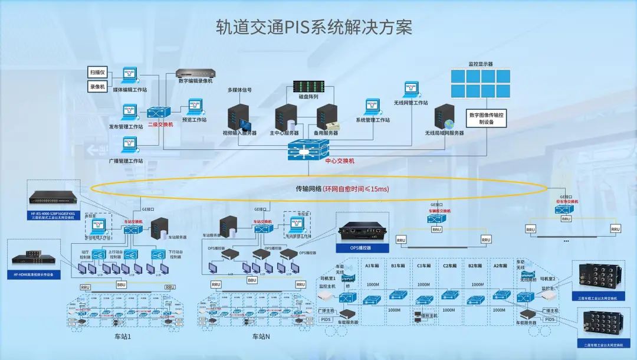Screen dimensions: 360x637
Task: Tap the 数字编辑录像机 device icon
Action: click(195, 74)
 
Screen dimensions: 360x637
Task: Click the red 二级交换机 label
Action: click(160, 125)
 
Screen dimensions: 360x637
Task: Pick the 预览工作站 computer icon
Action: click(195, 107)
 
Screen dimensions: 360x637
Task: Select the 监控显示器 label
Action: click(481, 64)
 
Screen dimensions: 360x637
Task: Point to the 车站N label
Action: click(261, 336)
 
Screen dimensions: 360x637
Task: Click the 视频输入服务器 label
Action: click(239, 133)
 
